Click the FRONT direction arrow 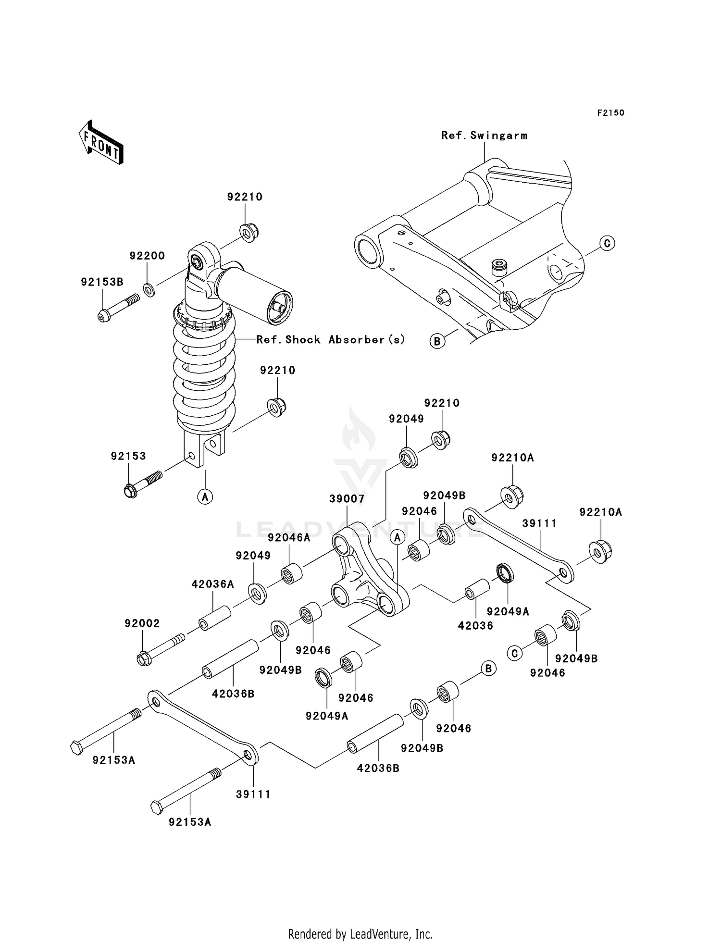pos(101,143)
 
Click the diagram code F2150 pos(610,113)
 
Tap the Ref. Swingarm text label pos(484,136)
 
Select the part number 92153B pos(102,282)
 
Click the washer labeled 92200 pos(149,290)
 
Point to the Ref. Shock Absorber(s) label pos(331,340)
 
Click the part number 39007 pos(347,499)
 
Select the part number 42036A pos(212,584)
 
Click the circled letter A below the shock pos(205,496)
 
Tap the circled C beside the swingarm pos(607,243)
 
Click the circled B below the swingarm pos(437,341)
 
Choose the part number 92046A pos(289,537)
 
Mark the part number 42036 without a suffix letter pos(475,625)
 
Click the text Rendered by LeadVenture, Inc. pos(360,934)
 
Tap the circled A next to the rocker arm pos(398,537)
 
